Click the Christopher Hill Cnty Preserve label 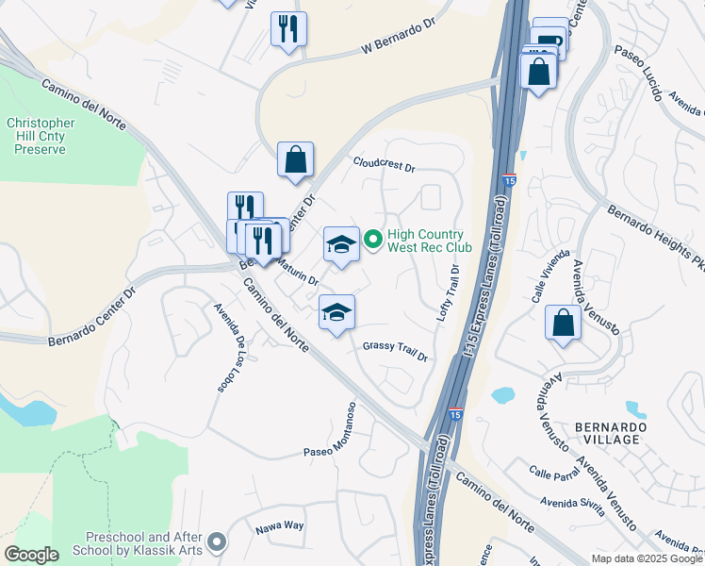coord(40,136)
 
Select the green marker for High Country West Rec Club coord(373,241)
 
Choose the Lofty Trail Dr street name coord(448,293)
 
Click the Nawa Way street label coord(280,527)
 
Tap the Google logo coord(32,555)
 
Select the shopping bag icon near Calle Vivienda coord(563,324)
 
